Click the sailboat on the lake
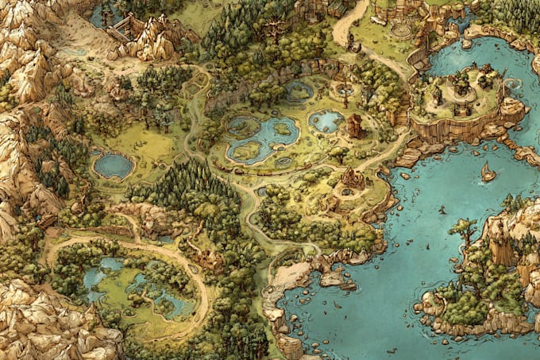point(488,171)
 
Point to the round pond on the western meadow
point(113,165)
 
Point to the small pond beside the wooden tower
point(326,121)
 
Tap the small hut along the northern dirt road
point(337,8)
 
